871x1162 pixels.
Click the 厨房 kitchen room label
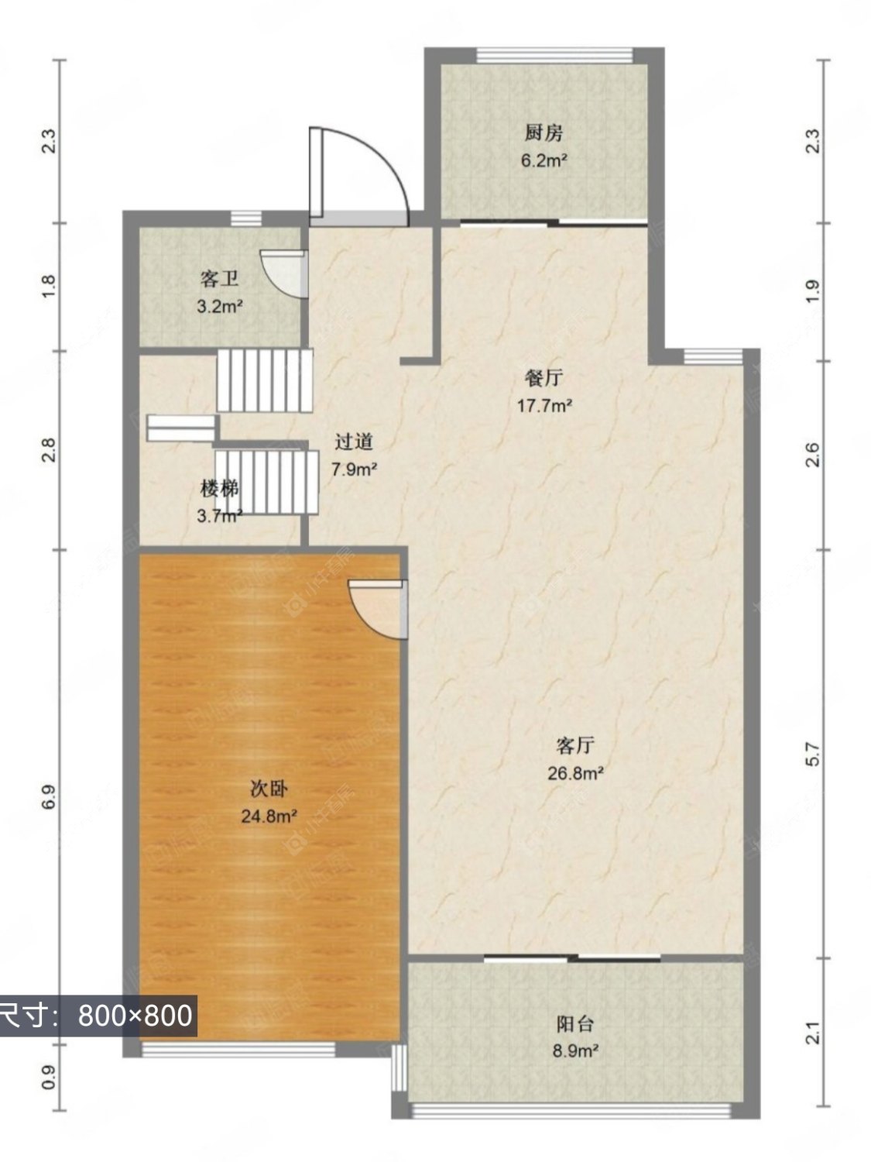pos(544,133)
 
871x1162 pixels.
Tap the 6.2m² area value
pos(544,161)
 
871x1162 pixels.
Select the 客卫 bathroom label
pos(220,279)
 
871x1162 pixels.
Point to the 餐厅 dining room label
pos(544,378)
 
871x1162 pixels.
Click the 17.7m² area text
pos(544,405)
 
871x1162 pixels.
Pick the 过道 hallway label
pos(354,442)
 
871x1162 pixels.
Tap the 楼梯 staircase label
pos(219,488)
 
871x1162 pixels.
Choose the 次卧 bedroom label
pos(269,789)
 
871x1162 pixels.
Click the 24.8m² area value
pos(269,816)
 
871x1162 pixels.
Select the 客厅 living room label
pos(575,745)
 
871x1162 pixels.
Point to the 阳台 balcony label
pos(575,1023)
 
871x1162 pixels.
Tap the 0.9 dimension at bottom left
pos(48,1078)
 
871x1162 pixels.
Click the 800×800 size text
pos(135,1015)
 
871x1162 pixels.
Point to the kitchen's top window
pos(554,56)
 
